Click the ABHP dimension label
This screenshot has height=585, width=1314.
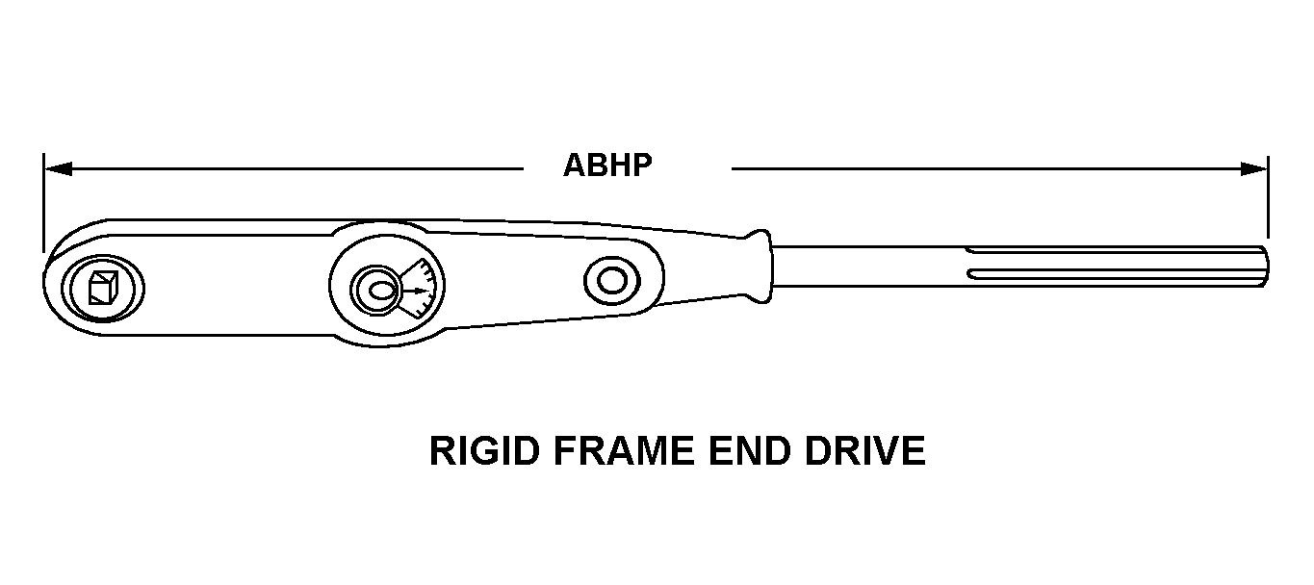tap(607, 165)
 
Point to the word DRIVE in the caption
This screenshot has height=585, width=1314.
tap(865, 450)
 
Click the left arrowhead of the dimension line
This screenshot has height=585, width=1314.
tap(58, 169)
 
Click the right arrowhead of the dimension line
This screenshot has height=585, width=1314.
tap(1253, 169)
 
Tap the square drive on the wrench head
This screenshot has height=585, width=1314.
tap(103, 288)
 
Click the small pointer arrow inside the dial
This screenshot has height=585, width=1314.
tap(417, 291)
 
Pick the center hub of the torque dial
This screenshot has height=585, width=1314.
tap(376, 289)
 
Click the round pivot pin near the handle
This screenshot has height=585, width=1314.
tap(612, 281)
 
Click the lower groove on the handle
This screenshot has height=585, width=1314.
tap(1115, 273)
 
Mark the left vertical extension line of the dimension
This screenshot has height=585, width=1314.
tap(43, 203)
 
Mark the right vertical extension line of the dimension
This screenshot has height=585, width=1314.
tap(1268, 197)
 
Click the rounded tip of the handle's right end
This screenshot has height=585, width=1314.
tap(1267, 267)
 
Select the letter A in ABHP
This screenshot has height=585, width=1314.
tap(575, 165)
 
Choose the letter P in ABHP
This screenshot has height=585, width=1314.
tap(642, 165)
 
